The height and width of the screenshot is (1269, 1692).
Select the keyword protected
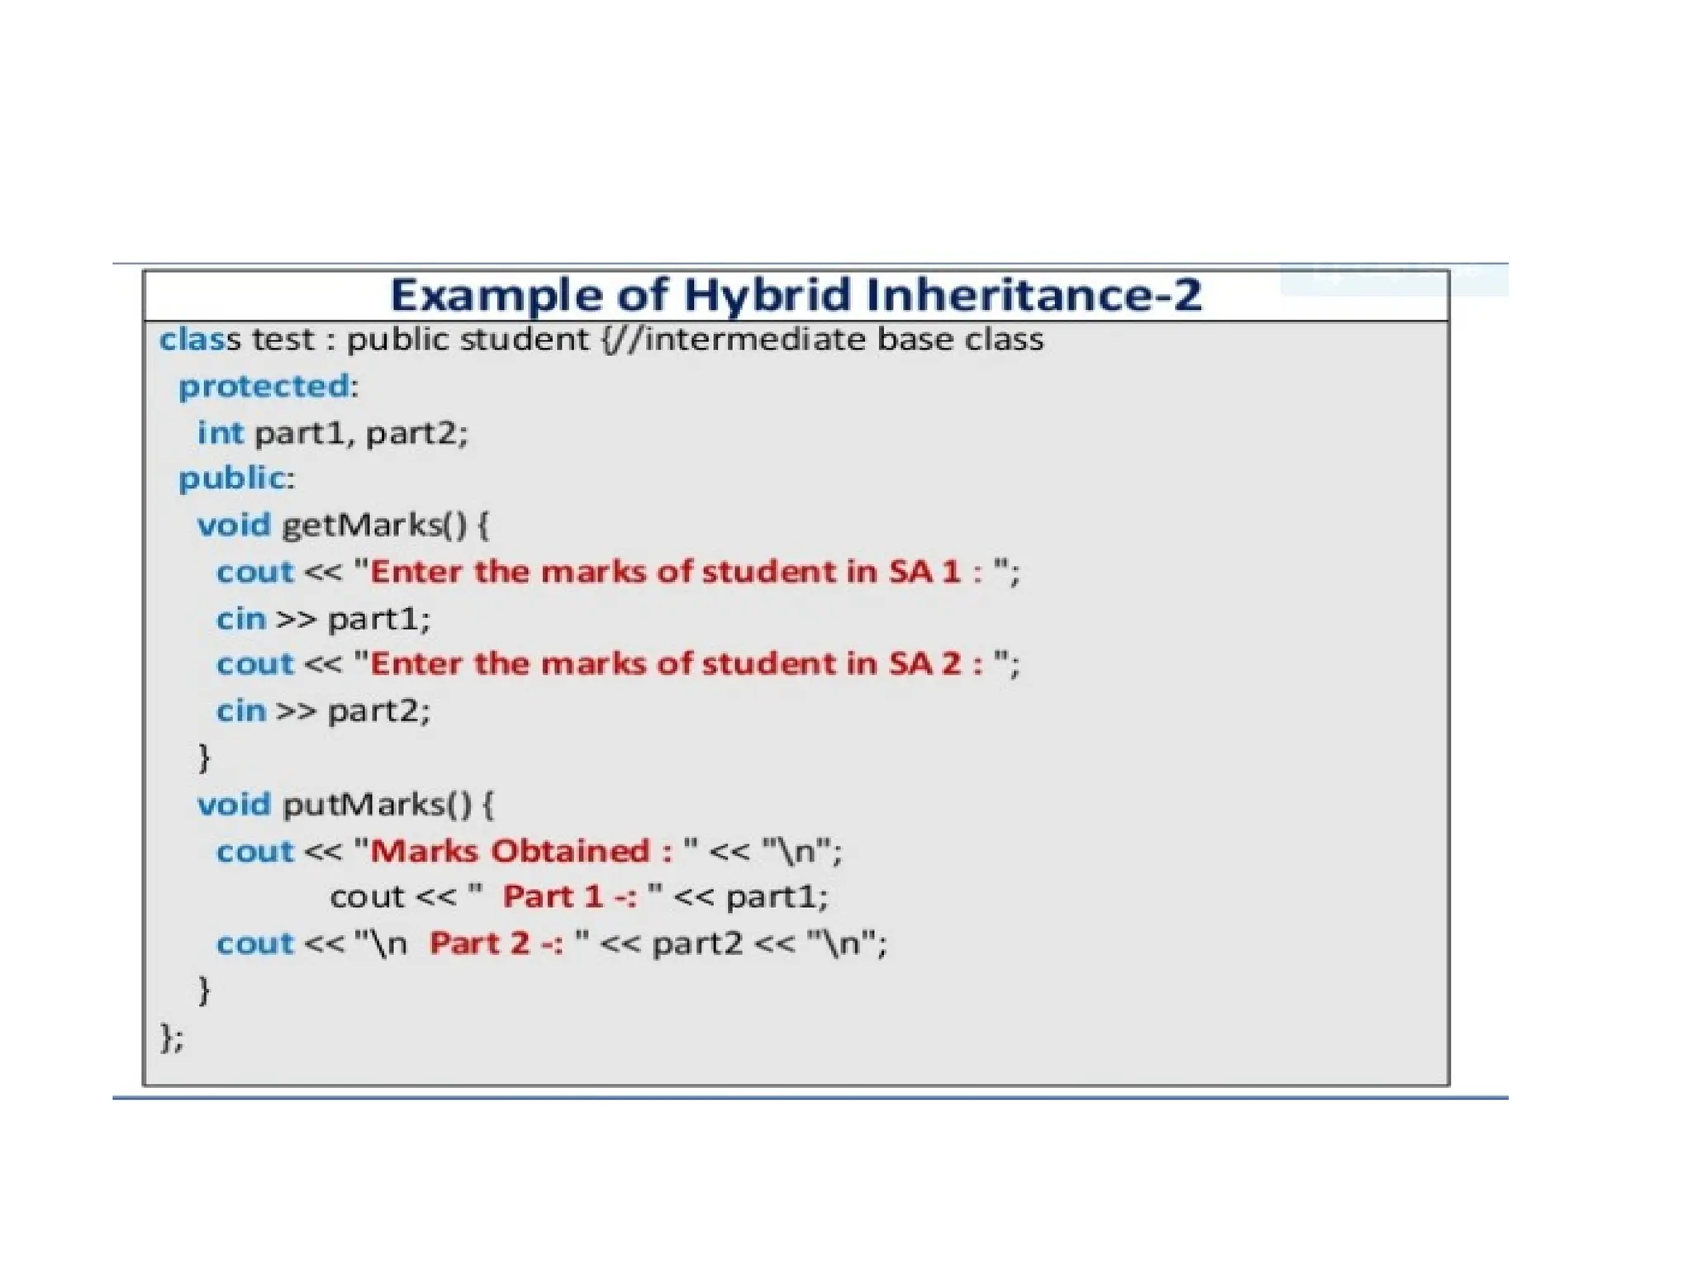click(x=264, y=386)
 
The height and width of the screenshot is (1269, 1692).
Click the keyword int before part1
click(x=220, y=433)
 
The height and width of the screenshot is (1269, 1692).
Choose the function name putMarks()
click(x=377, y=805)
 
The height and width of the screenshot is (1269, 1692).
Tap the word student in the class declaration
click(x=524, y=340)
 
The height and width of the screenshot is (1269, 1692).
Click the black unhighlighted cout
click(x=367, y=897)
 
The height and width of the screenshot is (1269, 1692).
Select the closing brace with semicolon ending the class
click(x=171, y=1037)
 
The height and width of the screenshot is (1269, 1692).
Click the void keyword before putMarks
click(x=234, y=805)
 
